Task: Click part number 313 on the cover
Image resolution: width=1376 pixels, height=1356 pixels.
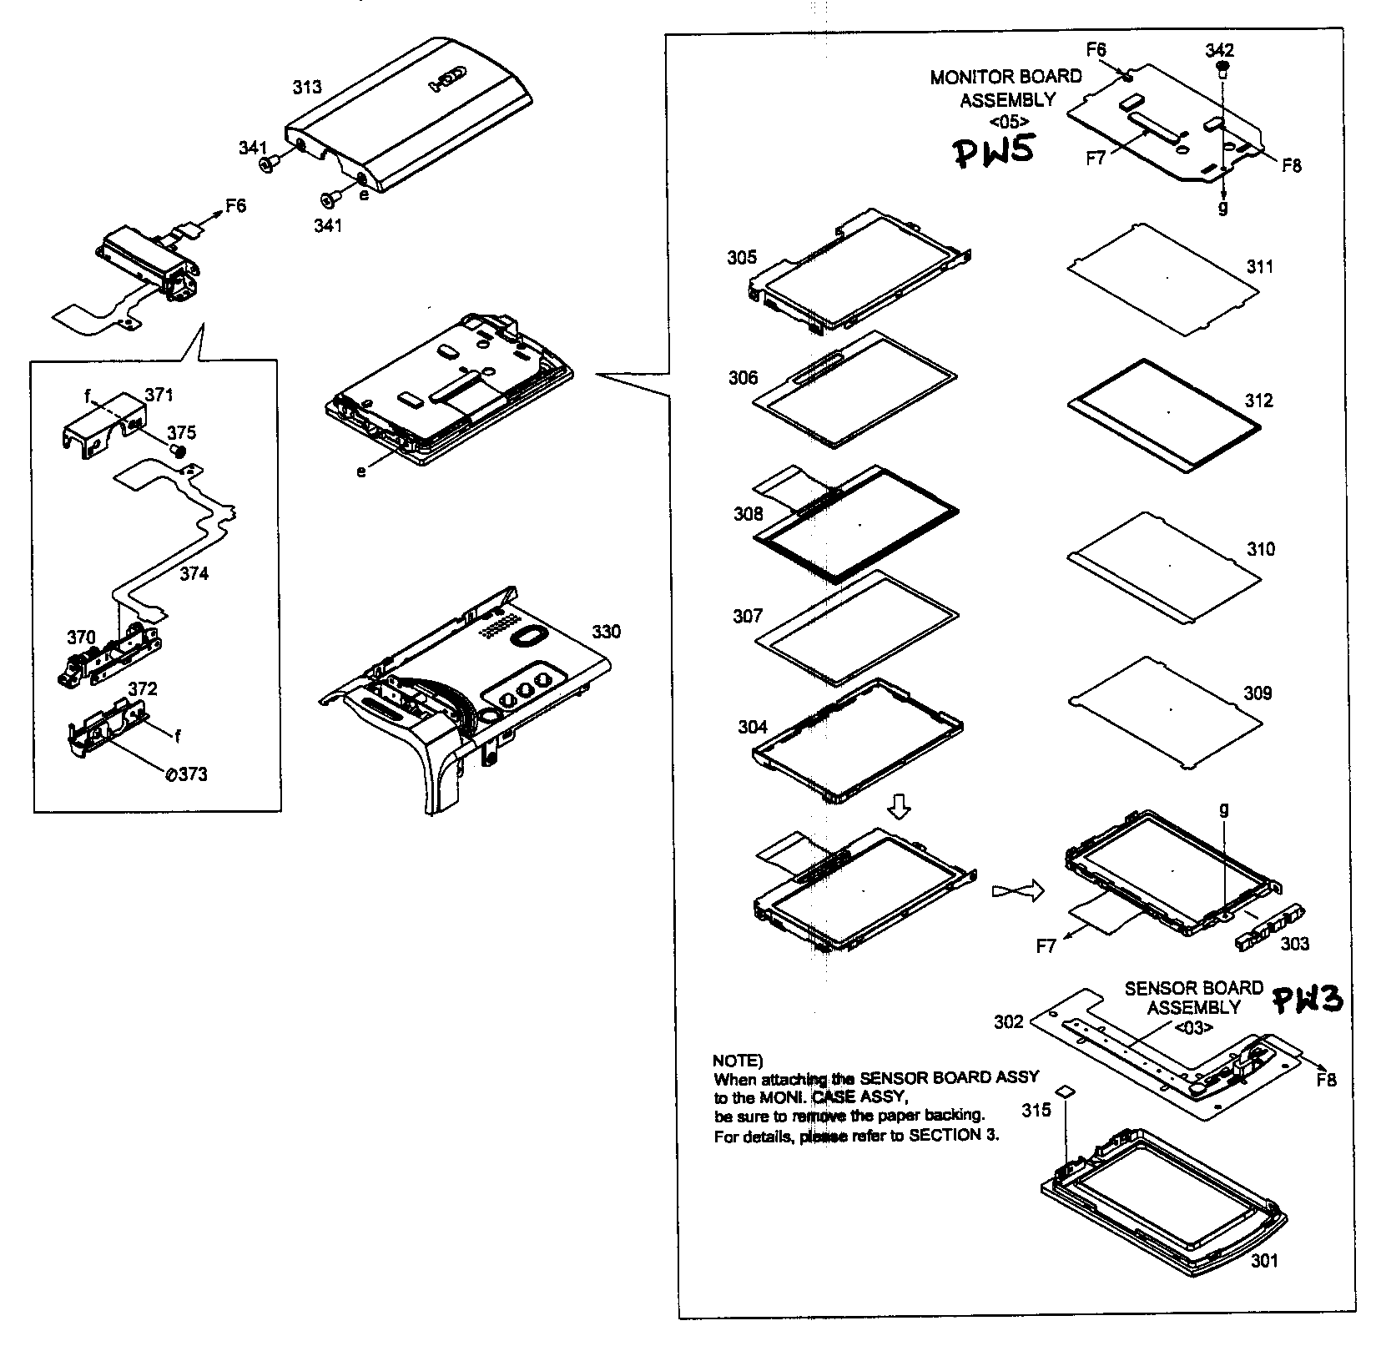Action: pos(306,87)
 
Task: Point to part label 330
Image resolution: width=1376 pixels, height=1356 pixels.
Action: pos(606,632)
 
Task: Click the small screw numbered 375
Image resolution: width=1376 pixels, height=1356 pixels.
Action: pos(177,450)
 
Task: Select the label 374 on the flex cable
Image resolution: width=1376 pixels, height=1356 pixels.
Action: pos(194,573)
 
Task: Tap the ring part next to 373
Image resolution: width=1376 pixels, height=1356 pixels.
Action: pos(171,774)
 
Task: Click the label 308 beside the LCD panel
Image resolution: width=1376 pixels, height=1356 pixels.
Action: pos(748,514)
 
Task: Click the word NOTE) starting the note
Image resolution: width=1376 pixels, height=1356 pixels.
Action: pos(737,1061)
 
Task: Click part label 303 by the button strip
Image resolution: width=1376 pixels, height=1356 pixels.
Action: pos(1294,944)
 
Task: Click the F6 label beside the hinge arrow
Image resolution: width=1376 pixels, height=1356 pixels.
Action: pos(236,204)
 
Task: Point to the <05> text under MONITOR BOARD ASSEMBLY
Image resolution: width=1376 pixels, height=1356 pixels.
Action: pos(1007,121)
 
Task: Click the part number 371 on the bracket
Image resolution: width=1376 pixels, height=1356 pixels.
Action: pos(159,394)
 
